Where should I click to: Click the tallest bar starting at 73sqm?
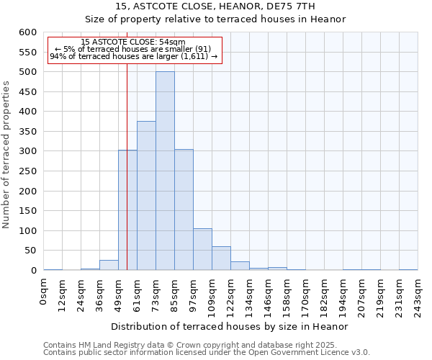point(165,171)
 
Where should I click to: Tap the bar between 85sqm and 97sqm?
point(184,210)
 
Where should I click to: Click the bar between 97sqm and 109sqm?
point(202,249)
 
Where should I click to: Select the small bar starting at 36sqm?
point(109,265)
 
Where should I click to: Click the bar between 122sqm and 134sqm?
point(240,266)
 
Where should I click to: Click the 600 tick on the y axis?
point(27,32)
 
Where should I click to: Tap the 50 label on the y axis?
point(30,251)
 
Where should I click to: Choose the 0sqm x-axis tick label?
point(44,292)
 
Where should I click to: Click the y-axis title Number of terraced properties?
point(7,154)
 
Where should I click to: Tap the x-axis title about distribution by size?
point(230,326)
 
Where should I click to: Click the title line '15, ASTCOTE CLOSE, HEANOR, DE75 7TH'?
point(215,6)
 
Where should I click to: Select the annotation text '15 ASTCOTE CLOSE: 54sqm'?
point(133,42)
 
